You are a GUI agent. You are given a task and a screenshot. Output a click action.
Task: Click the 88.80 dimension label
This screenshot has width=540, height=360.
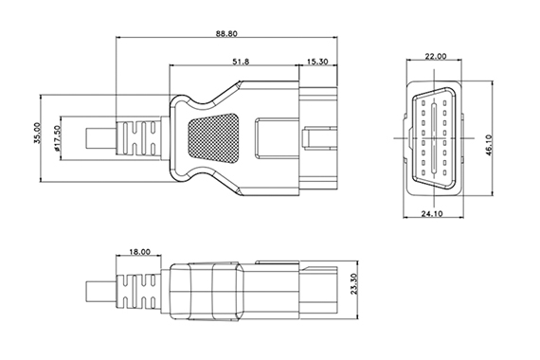[x=226, y=33]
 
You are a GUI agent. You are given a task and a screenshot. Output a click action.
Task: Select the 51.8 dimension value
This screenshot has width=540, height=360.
[x=241, y=62]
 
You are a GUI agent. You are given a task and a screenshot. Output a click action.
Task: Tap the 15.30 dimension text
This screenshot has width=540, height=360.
[x=317, y=62]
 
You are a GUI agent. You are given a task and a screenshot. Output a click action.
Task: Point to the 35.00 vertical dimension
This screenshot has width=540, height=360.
[x=37, y=133]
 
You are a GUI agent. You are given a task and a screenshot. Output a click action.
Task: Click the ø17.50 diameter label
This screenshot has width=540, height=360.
[x=57, y=138]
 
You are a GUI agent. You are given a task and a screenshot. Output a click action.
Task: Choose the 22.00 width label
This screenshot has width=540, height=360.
[x=436, y=56]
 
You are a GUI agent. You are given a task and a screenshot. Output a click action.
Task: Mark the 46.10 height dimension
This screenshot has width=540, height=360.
[x=489, y=145]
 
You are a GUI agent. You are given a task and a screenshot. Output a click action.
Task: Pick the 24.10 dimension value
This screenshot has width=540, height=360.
[x=432, y=213]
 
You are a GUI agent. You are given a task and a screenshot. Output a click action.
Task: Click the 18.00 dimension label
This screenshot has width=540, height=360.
[x=140, y=252]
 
